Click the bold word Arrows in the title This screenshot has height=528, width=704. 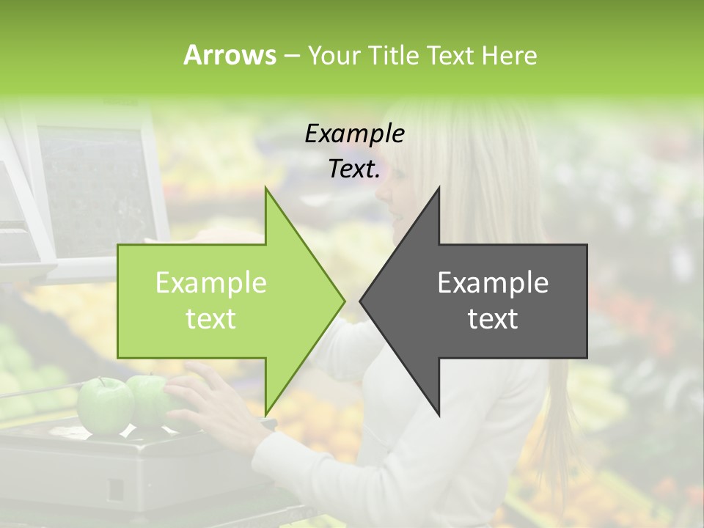click(230, 55)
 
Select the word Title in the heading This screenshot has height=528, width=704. click(392, 55)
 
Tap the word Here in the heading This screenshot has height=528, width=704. click(509, 55)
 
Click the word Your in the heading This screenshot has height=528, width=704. click(334, 56)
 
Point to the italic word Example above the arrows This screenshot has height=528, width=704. click(354, 133)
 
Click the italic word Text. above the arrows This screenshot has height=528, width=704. click(354, 169)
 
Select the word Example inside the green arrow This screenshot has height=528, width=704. click(211, 283)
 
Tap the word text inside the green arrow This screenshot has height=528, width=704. click(211, 319)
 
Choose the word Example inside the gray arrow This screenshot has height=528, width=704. click(493, 283)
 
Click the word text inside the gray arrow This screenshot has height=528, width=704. click(493, 319)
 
